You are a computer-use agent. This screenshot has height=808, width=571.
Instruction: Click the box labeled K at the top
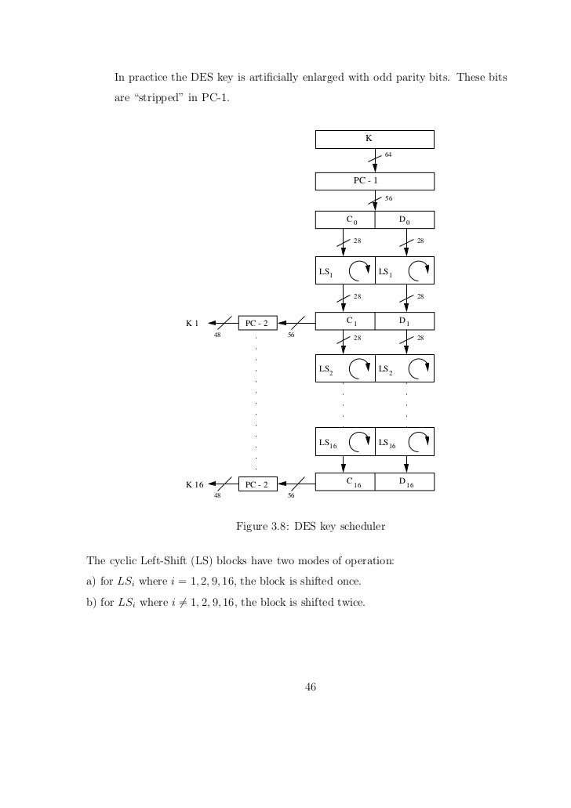point(374,139)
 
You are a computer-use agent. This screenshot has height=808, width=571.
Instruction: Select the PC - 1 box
point(374,181)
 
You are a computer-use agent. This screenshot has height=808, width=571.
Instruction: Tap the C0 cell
point(345,219)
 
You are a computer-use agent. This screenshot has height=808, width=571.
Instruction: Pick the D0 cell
point(405,219)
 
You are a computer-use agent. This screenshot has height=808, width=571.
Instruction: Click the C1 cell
point(345,321)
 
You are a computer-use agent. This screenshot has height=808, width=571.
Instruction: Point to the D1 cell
point(405,321)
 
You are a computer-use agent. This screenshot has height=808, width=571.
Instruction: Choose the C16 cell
point(345,482)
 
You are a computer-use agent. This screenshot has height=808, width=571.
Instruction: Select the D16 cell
point(405,482)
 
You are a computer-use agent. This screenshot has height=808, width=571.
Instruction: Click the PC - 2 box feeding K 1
point(257,323)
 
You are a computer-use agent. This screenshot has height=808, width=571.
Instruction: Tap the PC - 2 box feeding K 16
point(257,484)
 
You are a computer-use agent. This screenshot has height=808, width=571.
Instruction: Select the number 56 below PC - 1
point(388,197)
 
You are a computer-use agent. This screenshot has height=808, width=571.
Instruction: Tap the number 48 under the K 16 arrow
point(217,496)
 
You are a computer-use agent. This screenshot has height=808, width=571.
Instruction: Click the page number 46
point(309,687)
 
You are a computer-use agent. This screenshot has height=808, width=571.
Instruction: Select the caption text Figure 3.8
point(264,527)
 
